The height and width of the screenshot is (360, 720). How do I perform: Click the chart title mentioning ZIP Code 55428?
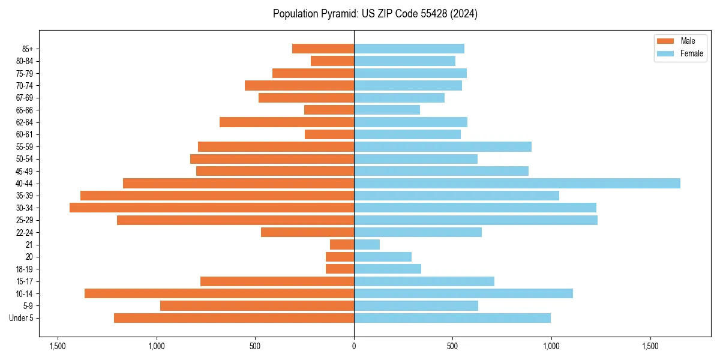[x=375, y=14]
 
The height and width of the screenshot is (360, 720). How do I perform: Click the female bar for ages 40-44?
[x=517, y=183]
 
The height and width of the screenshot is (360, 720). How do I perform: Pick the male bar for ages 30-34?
[x=212, y=208]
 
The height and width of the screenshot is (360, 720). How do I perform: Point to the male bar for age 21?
[x=342, y=244]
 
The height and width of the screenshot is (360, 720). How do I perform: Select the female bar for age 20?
[x=383, y=257]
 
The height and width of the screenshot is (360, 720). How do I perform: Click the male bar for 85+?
[x=323, y=49]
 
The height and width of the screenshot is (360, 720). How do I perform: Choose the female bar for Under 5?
[x=452, y=318]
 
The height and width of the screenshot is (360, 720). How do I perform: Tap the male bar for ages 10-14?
[x=219, y=293]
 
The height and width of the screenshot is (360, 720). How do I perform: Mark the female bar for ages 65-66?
[x=387, y=110]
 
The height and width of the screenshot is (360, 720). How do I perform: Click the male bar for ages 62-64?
[x=287, y=122]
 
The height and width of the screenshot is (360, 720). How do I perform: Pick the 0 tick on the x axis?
[x=354, y=346]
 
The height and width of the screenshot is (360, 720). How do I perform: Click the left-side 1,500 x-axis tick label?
[x=58, y=346]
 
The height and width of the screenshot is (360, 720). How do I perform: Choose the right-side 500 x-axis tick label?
[x=452, y=346]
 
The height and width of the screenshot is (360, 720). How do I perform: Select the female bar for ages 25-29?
[x=476, y=220]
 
